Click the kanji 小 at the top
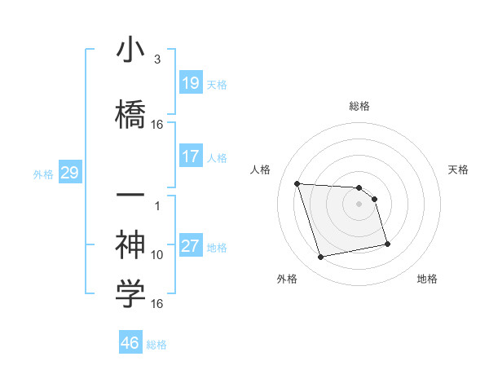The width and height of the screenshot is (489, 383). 130,51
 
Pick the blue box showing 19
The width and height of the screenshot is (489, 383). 191,83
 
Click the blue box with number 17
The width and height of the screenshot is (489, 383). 191,156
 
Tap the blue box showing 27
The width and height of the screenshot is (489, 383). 191,246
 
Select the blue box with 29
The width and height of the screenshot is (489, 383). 69,173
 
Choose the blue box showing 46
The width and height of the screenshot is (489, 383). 130,342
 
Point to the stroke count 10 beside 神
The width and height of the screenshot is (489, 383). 157,255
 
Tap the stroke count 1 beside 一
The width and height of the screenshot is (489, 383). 159,206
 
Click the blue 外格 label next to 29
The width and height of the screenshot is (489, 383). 43,174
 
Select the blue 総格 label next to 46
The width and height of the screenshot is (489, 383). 156,345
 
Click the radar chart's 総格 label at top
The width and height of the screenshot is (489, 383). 359,106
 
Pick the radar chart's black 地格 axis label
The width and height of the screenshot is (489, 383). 427,279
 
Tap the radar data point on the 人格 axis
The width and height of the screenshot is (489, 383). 297,183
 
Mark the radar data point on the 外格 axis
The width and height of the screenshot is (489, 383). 320,258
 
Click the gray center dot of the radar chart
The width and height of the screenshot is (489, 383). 359,205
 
